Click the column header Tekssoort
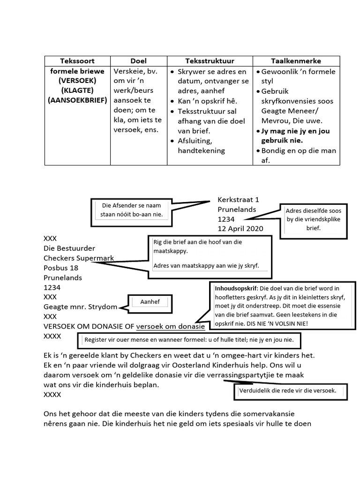77,61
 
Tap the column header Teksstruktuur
210,61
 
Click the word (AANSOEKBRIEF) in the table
77,100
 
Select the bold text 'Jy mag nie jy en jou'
295,131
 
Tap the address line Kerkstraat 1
238,200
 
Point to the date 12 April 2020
240,229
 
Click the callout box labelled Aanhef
150,302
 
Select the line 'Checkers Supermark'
78,258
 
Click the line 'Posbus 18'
61,268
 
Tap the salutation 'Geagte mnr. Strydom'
80,307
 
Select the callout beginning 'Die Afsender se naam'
131,210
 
